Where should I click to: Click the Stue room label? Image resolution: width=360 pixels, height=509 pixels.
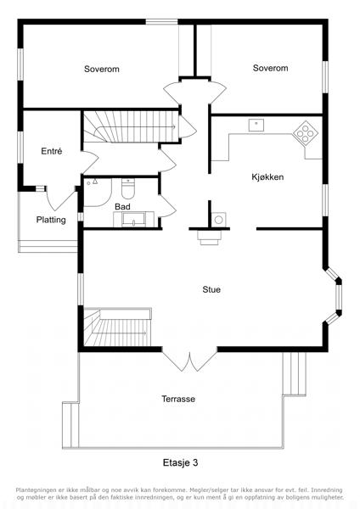(211, 289)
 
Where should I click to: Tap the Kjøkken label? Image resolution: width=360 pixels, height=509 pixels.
(267, 177)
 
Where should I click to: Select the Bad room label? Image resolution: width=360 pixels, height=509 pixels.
(122, 206)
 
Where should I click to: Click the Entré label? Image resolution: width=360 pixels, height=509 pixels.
(51, 151)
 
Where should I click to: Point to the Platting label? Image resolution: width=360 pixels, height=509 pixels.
(51, 220)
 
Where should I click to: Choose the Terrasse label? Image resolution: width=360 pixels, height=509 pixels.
(178, 399)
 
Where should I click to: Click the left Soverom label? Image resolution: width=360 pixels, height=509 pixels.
(101, 69)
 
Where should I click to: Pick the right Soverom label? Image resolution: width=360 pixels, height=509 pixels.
(270, 68)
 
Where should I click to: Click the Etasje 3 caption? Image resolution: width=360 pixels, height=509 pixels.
(180, 462)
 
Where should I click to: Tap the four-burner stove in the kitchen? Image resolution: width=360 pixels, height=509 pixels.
(306, 132)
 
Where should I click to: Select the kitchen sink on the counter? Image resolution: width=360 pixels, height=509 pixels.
(256, 125)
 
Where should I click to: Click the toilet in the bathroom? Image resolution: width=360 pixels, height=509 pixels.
(128, 188)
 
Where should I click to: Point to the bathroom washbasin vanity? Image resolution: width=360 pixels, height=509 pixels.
(133, 219)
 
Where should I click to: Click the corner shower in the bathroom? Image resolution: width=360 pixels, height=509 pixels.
(98, 193)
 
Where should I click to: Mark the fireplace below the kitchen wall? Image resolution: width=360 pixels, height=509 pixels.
(210, 238)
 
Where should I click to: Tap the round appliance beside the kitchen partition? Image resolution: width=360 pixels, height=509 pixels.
(219, 220)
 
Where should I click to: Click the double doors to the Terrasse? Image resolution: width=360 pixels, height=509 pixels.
(189, 361)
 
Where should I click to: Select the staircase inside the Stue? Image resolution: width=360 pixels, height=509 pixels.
(118, 327)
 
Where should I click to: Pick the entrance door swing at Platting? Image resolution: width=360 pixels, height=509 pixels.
(61, 198)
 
